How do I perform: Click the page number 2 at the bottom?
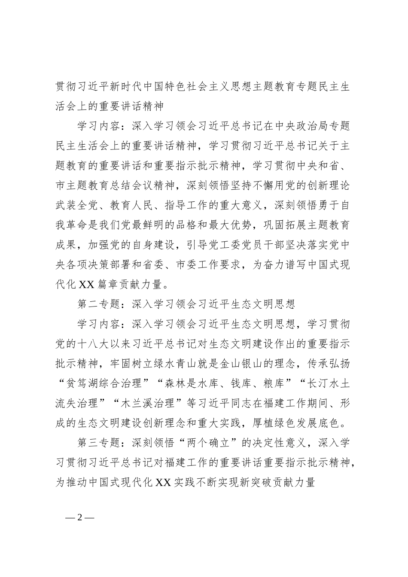click(79, 517)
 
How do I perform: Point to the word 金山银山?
click(253, 364)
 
